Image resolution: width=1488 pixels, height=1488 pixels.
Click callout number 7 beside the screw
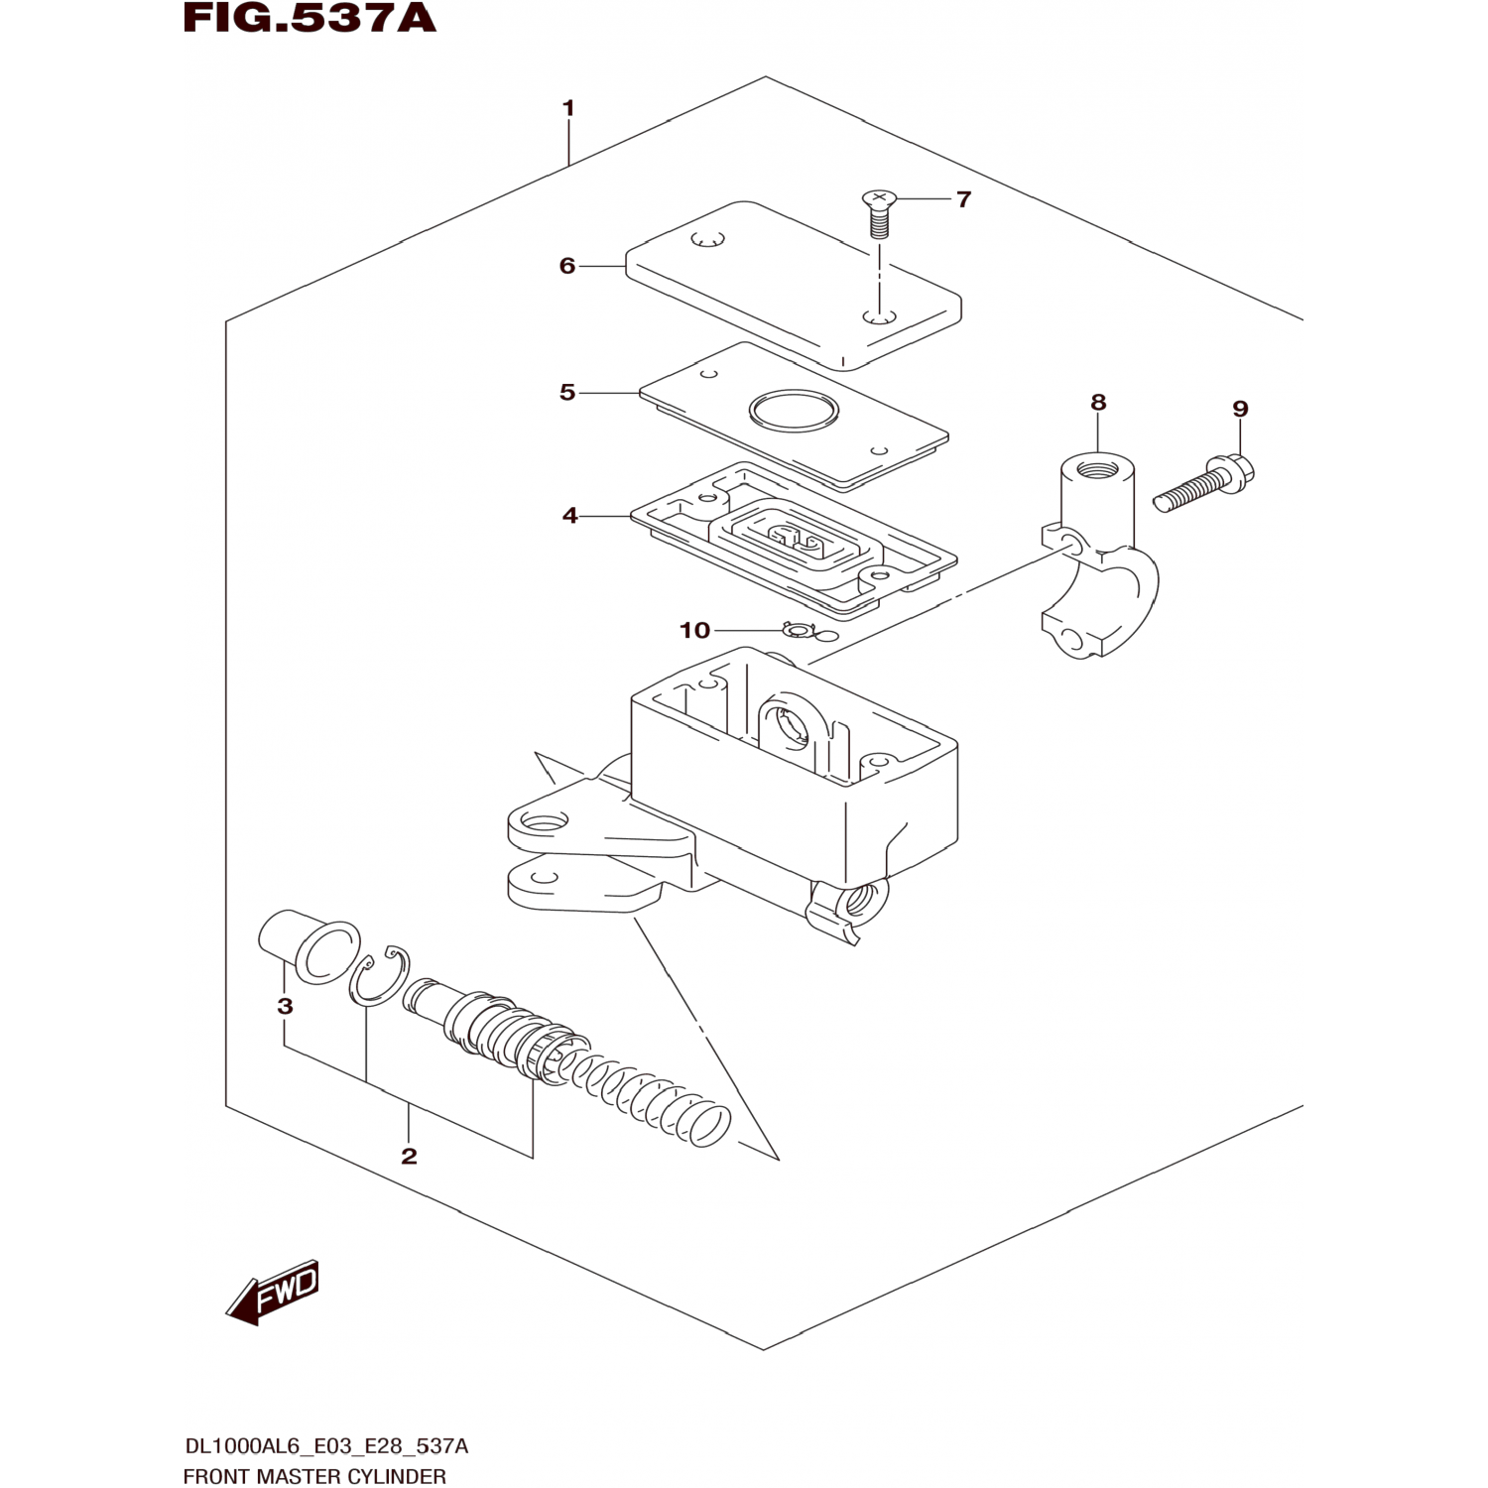[x=963, y=199]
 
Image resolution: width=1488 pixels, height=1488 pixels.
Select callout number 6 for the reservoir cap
[x=567, y=266]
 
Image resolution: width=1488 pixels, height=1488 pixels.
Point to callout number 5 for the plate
[x=567, y=392]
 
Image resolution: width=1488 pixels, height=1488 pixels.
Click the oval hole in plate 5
[x=793, y=410]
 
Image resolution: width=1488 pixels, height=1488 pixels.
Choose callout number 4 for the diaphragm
[x=569, y=516]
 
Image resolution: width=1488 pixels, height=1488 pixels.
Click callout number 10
[x=694, y=630]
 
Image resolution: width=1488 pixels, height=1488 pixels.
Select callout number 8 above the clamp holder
[x=1097, y=403]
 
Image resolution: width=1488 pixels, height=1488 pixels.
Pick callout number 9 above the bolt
[x=1240, y=409]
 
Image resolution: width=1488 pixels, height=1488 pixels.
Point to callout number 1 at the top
[x=568, y=108]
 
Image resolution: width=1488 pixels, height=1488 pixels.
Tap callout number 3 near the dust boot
[x=285, y=1006]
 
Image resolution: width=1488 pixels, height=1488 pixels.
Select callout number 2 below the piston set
[x=409, y=1156]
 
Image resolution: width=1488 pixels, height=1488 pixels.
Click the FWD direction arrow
[x=273, y=1293]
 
